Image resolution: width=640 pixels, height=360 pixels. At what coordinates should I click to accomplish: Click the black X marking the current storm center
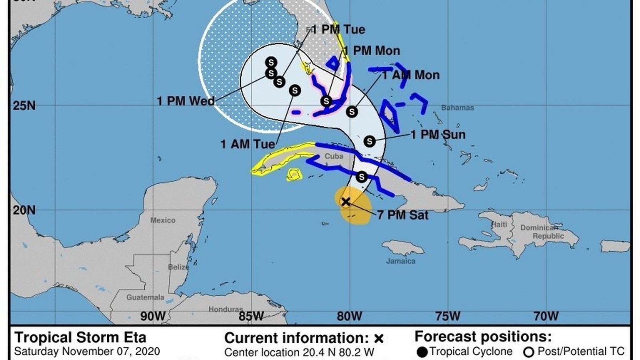[x=346, y=202]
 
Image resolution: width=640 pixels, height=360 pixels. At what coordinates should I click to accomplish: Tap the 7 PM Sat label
[x=402, y=215]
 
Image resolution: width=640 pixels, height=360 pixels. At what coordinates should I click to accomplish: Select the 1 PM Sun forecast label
[x=438, y=134]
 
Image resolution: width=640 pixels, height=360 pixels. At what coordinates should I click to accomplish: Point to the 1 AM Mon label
[x=411, y=75]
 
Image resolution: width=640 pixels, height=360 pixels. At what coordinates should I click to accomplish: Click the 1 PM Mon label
[x=372, y=51]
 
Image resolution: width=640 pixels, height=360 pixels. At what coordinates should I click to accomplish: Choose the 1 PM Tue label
[x=338, y=30]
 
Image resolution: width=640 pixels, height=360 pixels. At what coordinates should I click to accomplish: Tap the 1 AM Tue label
[x=248, y=144]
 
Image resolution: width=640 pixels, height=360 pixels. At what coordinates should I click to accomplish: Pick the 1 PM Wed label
[x=186, y=101]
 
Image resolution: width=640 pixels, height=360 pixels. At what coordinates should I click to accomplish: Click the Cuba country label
[x=334, y=156]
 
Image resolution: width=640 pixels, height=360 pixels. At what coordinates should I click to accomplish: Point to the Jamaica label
[x=400, y=261]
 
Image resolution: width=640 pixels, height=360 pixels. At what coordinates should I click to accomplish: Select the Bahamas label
[x=457, y=108]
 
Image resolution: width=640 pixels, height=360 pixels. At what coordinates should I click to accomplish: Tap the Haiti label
[x=499, y=224]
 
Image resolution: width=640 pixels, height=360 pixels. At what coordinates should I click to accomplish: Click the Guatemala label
[x=145, y=298]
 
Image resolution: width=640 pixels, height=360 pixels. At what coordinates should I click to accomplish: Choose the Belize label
[x=178, y=267]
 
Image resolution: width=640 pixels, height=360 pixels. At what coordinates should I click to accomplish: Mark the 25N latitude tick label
[x=24, y=106]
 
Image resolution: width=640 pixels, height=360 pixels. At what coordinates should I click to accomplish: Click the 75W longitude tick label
[x=448, y=316]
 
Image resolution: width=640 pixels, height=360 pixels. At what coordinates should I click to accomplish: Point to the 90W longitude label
[x=152, y=316]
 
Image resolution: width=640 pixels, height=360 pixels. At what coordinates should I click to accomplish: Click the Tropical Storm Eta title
[x=80, y=338]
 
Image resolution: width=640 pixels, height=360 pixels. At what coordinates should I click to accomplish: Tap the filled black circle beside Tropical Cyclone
[x=422, y=352]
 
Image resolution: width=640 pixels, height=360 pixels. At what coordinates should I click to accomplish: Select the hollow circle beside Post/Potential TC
[x=529, y=352]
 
